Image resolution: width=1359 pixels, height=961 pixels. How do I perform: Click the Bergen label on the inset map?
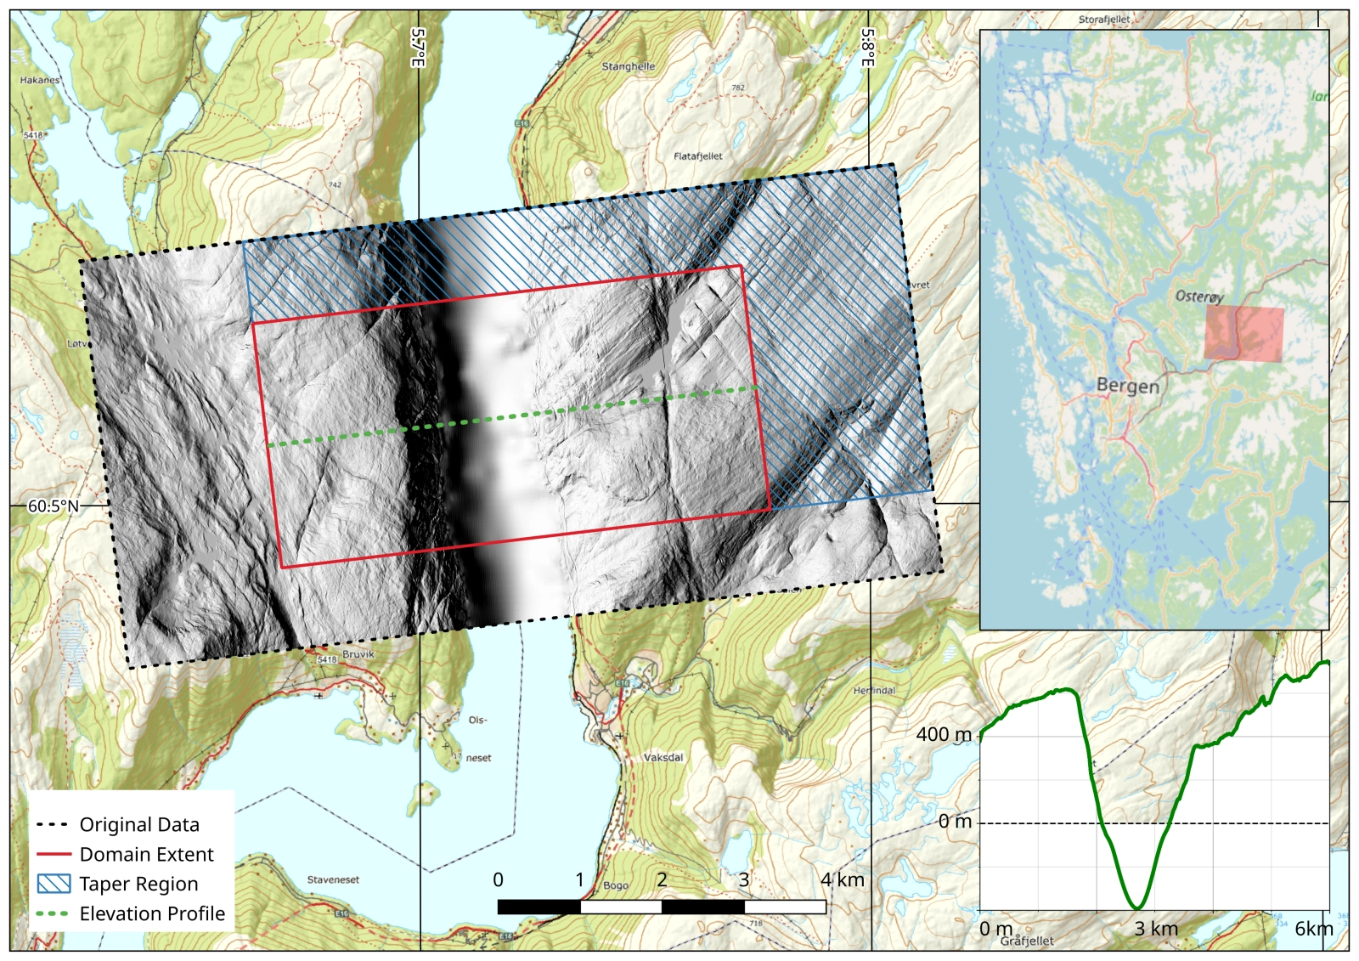click(1127, 385)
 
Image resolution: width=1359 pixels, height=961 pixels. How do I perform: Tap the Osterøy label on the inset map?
click(1199, 297)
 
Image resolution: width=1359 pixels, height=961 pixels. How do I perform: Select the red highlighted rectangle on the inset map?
click(1243, 334)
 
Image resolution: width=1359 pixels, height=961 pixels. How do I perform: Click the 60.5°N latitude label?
click(53, 506)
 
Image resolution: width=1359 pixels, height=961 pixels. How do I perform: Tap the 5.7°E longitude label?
click(418, 48)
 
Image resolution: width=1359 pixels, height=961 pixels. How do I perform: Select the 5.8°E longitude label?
click(868, 48)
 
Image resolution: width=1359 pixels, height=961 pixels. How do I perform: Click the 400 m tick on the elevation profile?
click(944, 734)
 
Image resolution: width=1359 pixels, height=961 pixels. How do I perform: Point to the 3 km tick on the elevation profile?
click(1156, 929)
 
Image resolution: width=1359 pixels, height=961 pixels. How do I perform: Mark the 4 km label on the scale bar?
click(842, 879)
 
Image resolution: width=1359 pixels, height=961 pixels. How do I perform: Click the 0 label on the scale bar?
click(498, 879)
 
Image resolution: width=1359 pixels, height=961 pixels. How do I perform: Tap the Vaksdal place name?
click(663, 757)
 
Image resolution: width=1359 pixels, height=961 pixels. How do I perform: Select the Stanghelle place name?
click(628, 66)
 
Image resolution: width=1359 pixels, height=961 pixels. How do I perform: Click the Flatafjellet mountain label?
click(697, 156)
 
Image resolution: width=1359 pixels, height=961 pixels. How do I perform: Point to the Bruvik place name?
click(358, 654)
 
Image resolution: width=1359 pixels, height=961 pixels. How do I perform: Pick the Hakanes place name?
click(40, 80)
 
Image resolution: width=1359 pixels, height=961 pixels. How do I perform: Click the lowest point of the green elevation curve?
click(1136, 907)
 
